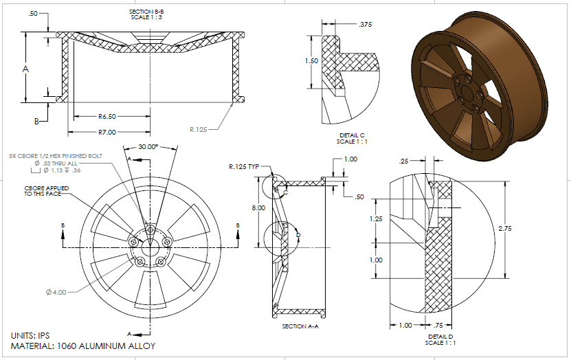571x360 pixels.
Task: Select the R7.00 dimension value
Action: (107, 131)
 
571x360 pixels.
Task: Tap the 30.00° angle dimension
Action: (147, 146)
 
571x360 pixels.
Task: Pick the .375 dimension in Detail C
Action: (365, 25)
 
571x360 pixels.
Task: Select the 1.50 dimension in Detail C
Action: (311, 61)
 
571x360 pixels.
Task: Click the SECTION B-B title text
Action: (147, 12)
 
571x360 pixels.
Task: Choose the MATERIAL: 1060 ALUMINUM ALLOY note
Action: (83, 346)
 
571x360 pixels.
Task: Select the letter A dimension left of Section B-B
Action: (25, 69)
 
